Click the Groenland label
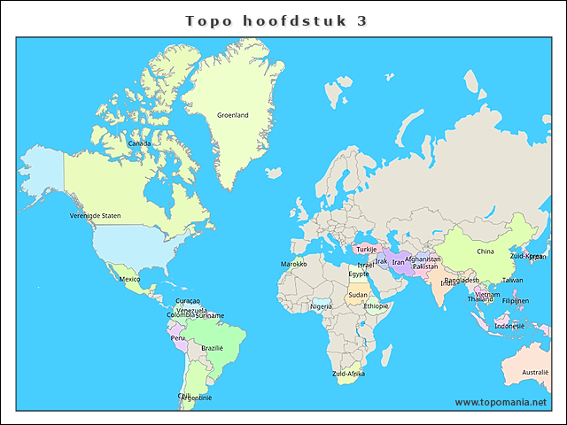(x=233, y=115)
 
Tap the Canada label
(x=139, y=143)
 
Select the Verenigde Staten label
(x=96, y=215)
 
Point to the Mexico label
(x=129, y=279)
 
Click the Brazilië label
(x=212, y=348)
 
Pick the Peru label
(x=178, y=337)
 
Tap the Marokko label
(x=294, y=264)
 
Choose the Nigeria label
(x=321, y=306)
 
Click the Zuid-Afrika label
(x=348, y=374)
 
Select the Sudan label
(x=358, y=295)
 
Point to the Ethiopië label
(x=376, y=305)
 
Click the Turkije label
(x=367, y=249)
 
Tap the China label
(x=485, y=251)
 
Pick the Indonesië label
(x=509, y=326)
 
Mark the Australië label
(x=535, y=372)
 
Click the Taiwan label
(x=512, y=280)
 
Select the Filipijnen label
(x=516, y=300)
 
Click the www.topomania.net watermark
(x=501, y=402)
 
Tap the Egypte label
(x=359, y=274)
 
